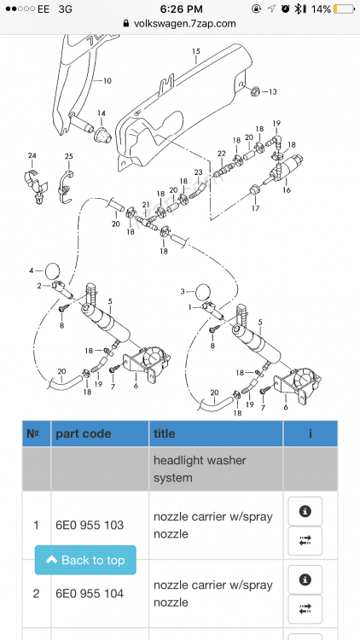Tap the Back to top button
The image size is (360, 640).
coord(85,560)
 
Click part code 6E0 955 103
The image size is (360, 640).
coord(90,525)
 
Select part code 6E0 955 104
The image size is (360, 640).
coord(90,593)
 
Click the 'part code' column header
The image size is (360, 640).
coord(84,433)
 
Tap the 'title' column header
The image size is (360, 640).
coord(164,433)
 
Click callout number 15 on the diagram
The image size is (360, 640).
coord(196,51)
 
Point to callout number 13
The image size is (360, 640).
coord(272,92)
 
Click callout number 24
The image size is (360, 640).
coord(32,155)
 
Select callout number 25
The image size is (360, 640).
coord(68,156)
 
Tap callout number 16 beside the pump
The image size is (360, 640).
coord(287,190)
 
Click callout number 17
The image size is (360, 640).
coord(256,209)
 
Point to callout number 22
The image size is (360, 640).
coord(222,154)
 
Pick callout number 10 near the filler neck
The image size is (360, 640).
coord(107,81)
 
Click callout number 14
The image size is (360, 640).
coord(102,113)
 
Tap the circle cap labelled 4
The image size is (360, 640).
coord(53,271)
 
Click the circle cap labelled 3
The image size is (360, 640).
coord(204,292)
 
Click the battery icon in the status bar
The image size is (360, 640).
coord(344,9)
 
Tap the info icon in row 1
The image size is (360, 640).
coord(305,511)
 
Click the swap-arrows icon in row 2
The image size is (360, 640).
coord(305,609)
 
